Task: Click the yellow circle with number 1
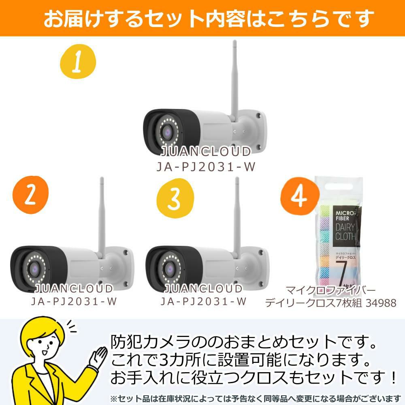pyautogui.click(x=78, y=63)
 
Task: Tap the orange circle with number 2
pyautogui.click(x=30, y=194)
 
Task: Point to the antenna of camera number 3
pyautogui.click(x=237, y=215)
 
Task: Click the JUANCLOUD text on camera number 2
pyautogui.click(x=74, y=289)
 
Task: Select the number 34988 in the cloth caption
pyautogui.click(x=381, y=303)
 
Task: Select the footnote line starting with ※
pyautogui.click(x=255, y=398)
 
